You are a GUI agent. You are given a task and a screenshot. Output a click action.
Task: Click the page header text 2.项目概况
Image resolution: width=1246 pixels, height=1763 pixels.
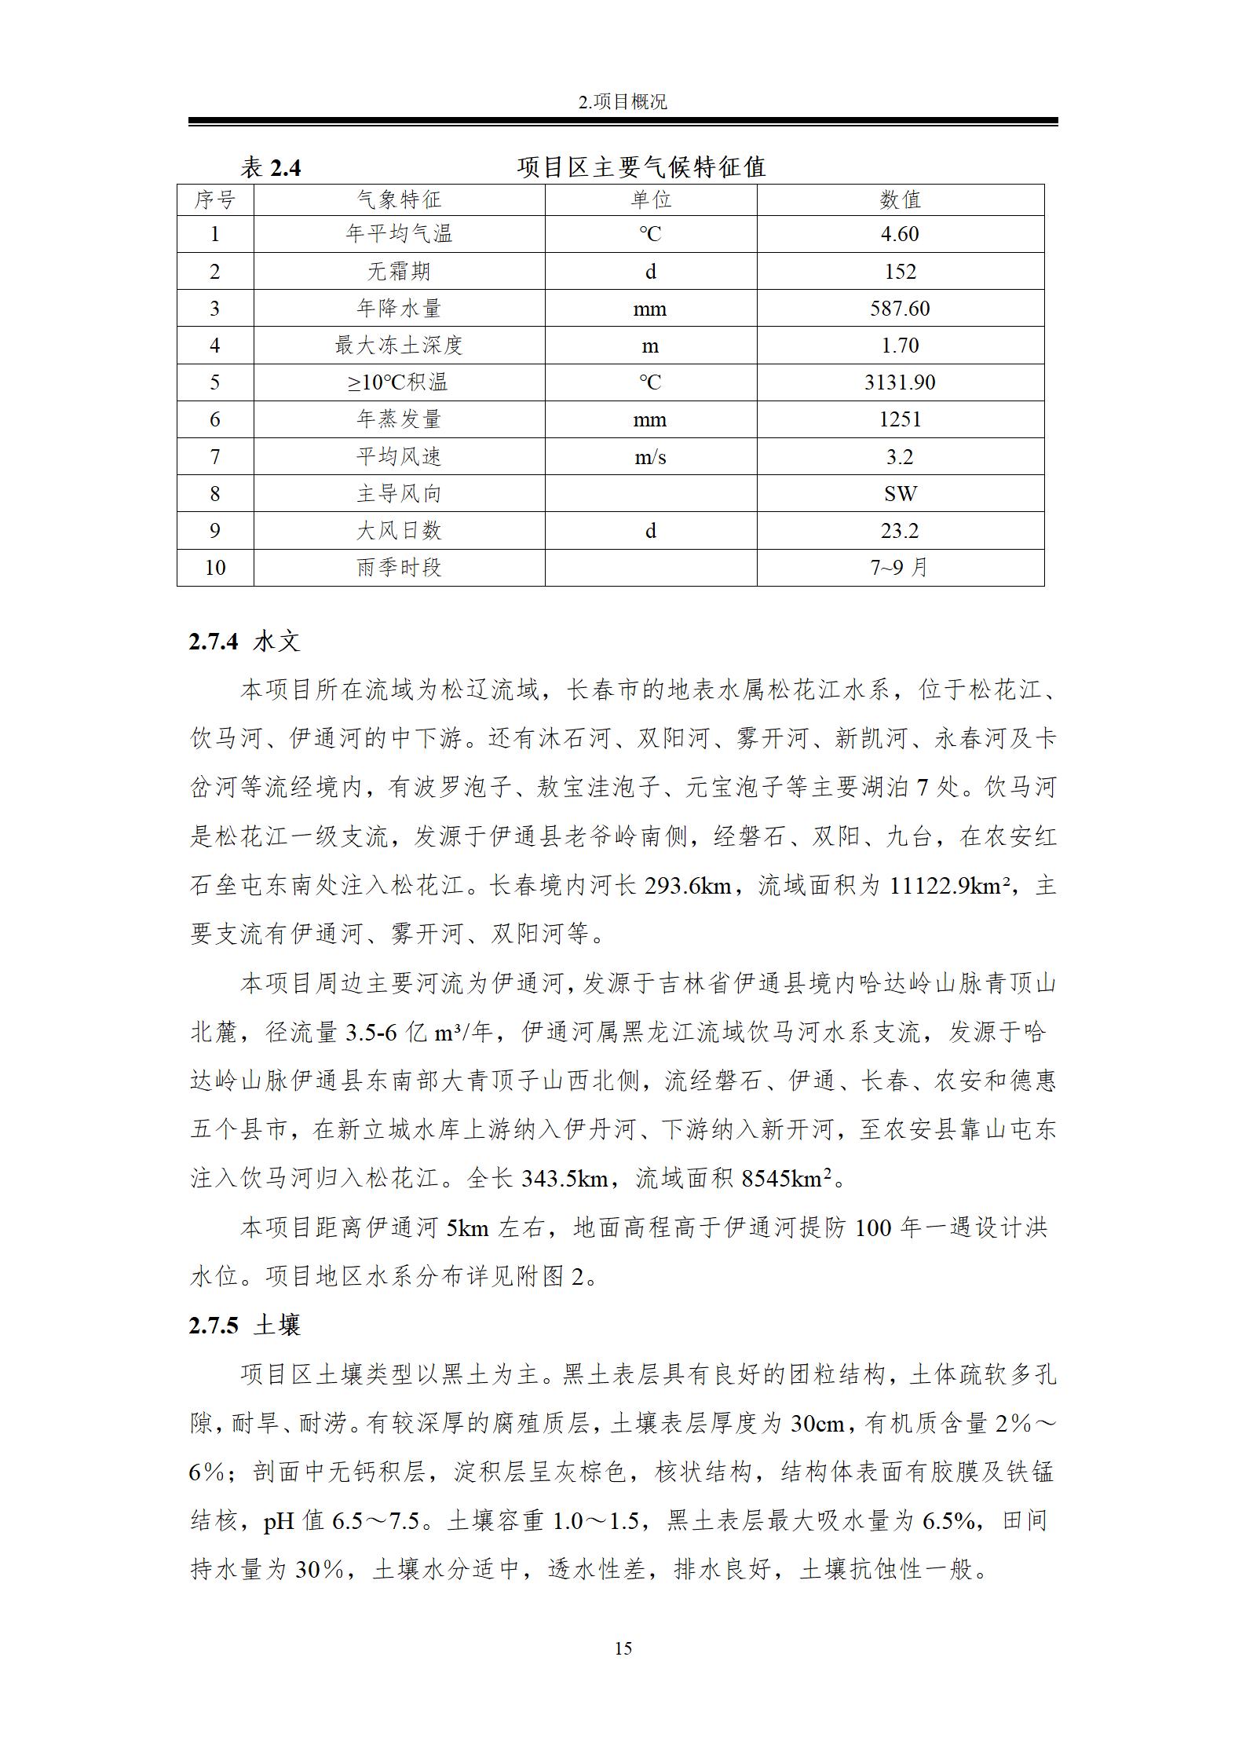pos(623,102)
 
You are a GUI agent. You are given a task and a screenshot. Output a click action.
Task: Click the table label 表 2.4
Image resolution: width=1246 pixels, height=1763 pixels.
pos(270,168)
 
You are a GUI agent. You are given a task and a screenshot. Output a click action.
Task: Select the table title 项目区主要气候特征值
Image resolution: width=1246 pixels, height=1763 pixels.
pos(641,167)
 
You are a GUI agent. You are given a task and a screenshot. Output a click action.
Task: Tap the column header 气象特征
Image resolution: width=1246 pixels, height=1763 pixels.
pos(399,200)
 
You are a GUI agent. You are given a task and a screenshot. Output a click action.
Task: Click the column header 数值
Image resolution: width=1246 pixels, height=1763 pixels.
pos(900,200)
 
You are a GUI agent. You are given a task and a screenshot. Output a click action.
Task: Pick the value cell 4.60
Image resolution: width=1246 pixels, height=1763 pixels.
pos(900,234)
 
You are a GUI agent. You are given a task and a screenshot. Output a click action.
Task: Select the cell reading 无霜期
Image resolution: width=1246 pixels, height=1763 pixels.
pos(399,272)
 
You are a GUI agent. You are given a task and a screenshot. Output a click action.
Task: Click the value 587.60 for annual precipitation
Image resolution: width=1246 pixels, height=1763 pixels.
pos(900,309)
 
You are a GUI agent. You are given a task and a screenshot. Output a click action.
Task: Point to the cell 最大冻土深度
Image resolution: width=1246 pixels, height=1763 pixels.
pos(399,346)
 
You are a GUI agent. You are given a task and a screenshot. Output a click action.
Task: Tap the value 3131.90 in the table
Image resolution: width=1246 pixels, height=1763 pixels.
pos(900,382)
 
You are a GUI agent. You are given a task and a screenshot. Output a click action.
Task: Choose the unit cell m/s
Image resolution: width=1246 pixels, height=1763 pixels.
pos(650,457)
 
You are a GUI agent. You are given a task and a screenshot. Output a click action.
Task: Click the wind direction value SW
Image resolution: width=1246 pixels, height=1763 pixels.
pos(900,494)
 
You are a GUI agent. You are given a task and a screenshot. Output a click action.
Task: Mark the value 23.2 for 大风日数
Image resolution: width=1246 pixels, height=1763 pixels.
pos(900,531)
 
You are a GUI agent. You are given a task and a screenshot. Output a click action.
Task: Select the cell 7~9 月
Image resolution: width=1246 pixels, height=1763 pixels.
pos(900,568)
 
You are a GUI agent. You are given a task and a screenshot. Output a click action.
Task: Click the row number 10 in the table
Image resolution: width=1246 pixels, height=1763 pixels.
pos(215,568)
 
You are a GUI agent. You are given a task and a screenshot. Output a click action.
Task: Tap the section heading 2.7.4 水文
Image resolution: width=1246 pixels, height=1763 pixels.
pos(244,642)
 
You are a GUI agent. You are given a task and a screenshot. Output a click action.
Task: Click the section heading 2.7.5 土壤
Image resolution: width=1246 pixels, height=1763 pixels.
pos(244,1326)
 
